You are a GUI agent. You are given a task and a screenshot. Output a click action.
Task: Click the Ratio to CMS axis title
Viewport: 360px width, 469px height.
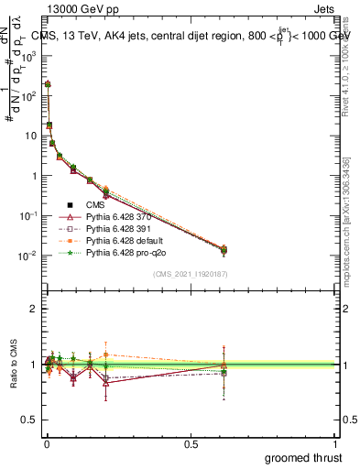coord(12,364)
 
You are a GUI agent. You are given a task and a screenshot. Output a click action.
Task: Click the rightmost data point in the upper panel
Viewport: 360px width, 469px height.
coord(224,250)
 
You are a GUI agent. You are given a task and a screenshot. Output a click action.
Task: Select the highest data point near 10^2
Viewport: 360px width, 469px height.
coord(48,84)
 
